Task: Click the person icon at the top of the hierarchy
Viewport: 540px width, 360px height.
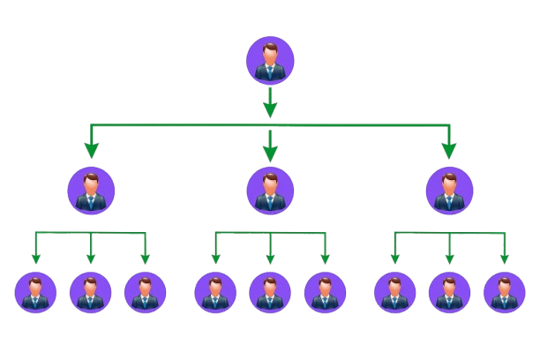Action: tap(270, 59)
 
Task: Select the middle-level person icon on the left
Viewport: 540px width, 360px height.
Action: tap(91, 190)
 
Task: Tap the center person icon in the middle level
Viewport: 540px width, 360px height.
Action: tap(270, 190)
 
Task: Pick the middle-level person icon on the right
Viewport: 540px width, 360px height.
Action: tap(449, 190)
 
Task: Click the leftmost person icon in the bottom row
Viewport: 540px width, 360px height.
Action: tap(36, 292)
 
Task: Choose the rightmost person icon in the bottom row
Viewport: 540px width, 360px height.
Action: tap(505, 292)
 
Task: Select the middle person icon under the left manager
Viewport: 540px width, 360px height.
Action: tap(91, 292)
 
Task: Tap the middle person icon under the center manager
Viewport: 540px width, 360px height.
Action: tap(270, 292)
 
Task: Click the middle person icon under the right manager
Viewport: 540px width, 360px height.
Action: tap(450, 292)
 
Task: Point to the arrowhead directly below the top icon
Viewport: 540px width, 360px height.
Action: tap(270, 109)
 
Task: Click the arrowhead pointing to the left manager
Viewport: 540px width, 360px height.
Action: tap(91, 151)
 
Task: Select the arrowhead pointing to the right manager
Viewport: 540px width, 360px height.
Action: tap(449, 151)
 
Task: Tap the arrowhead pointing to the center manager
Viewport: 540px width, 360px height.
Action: tap(270, 153)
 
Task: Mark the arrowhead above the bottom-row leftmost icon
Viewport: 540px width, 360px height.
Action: tap(36, 259)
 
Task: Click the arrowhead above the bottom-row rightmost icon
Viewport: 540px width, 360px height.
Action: tap(505, 259)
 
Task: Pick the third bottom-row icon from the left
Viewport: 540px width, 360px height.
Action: tap(146, 292)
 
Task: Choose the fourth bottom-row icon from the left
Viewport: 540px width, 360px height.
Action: tap(215, 292)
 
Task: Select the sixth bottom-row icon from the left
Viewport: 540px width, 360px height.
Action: tap(325, 292)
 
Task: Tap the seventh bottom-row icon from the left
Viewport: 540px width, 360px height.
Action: tap(395, 292)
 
